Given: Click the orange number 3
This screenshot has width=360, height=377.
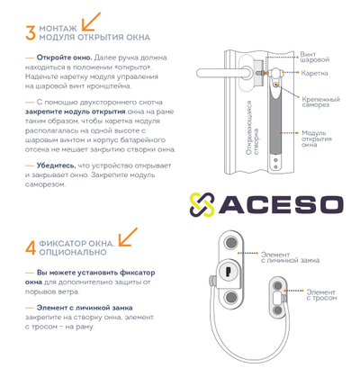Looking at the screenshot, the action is coord(31,33).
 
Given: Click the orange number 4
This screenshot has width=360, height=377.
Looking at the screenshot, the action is coord(31,248).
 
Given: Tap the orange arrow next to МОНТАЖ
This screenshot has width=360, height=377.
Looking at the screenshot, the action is coord(91,22).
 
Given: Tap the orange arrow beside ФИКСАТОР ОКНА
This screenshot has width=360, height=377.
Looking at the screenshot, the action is coord(128,237).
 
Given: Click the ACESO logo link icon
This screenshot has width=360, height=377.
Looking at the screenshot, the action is coord(202,204).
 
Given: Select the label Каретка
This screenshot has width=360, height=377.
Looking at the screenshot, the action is coord(314,73).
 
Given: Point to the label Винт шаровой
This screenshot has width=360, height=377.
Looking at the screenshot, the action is coord(314,57).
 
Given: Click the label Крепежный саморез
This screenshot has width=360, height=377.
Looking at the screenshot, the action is coord(320,102).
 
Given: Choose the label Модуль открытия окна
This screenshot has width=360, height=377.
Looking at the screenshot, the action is coord(316,139).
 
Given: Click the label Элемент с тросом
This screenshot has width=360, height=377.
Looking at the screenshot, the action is coord(321,295).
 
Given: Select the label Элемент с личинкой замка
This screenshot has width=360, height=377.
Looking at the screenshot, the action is coord(290,257).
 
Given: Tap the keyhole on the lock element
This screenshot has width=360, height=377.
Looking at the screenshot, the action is coord(227,272).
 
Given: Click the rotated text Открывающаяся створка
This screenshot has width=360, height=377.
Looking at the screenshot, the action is coord(252,128).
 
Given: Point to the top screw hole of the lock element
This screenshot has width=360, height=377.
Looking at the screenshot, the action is coord(231,243).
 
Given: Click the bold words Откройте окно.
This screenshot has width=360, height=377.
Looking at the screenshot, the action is coord(64,58).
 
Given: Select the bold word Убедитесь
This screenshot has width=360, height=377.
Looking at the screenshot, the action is coord(56,166).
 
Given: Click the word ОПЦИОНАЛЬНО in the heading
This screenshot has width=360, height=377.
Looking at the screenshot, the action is coord(73,252).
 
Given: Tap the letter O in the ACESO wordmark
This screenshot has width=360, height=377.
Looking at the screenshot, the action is coord(328,205).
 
